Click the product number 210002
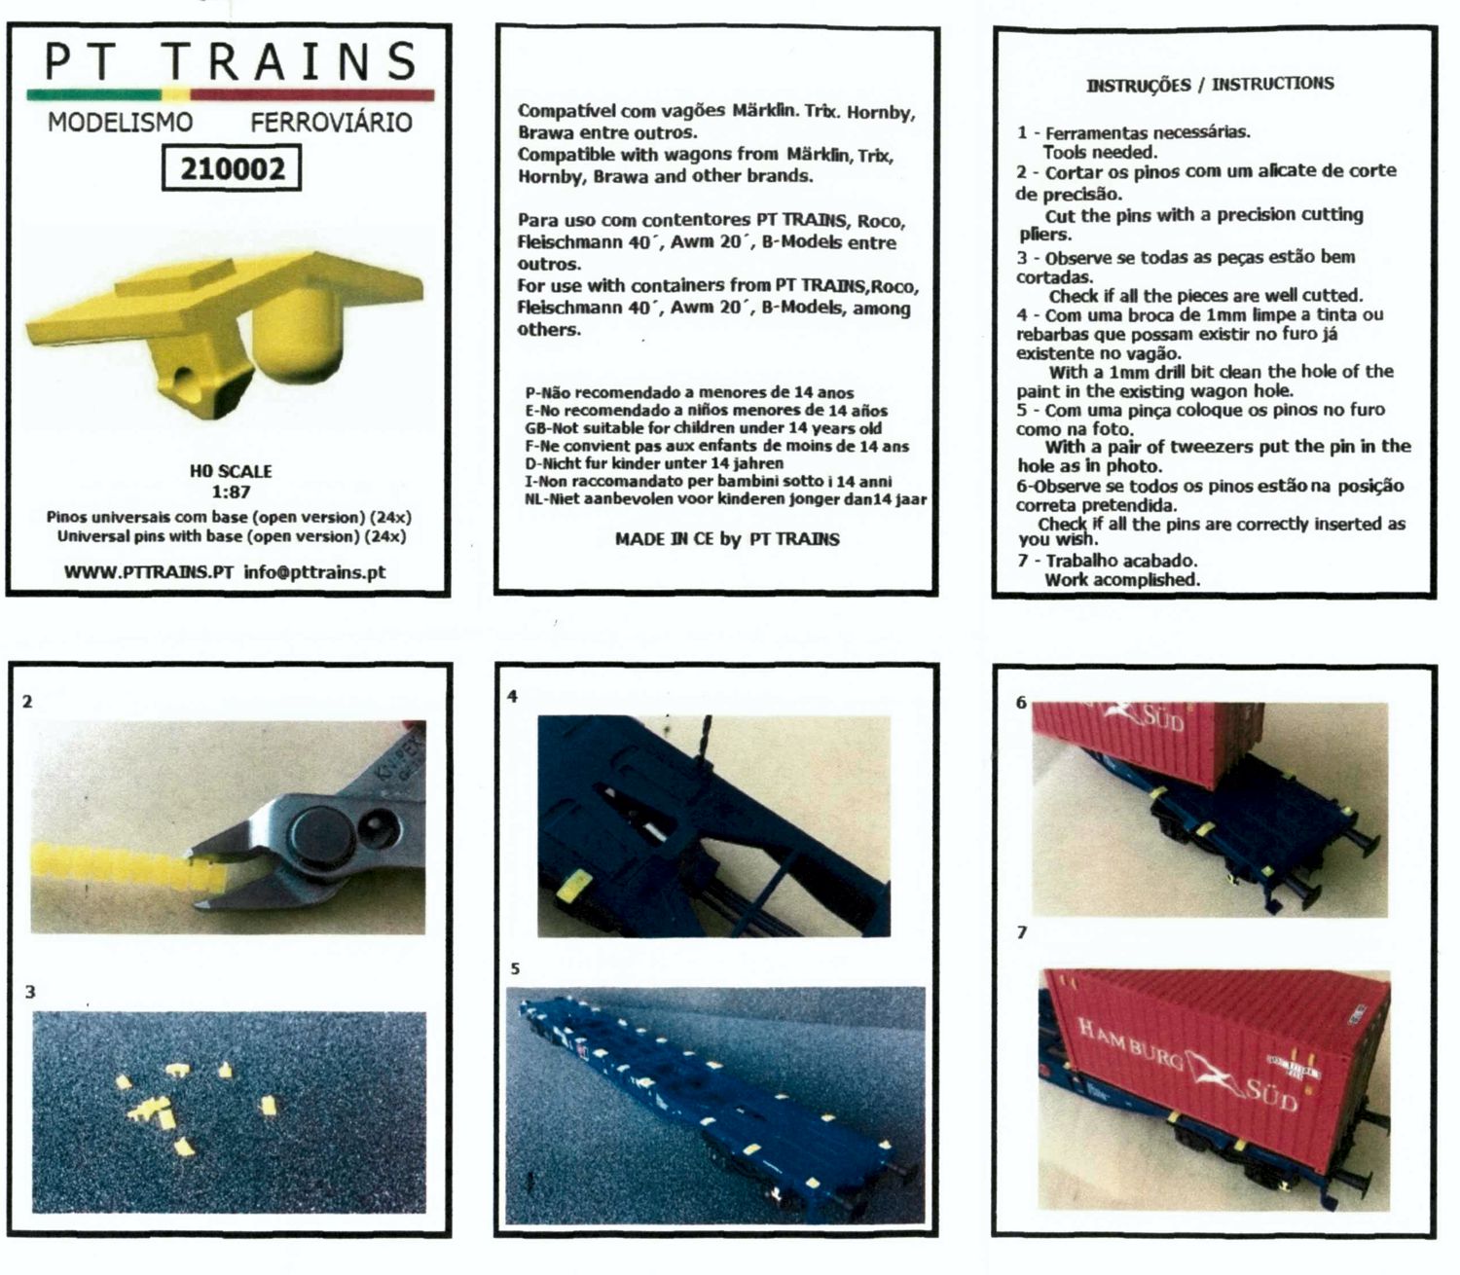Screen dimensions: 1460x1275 point(232,168)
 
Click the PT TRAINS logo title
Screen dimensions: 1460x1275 point(230,61)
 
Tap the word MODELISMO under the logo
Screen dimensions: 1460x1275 point(120,122)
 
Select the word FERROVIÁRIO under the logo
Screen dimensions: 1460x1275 point(331,122)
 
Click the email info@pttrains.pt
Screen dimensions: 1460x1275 point(314,572)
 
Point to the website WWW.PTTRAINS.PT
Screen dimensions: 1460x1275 point(148,572)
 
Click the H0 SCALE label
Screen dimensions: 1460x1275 point(231,471)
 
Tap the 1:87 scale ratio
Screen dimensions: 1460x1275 point(231,492)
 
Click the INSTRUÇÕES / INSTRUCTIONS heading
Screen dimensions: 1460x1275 point(1210,85)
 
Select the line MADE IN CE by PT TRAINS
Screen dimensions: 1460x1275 point(727,538)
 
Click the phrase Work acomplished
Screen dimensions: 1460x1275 point(1121,579)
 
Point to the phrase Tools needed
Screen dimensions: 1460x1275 point(1099,152)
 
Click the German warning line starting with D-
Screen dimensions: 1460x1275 point(654,463)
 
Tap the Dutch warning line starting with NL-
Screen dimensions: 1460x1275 point(726,498)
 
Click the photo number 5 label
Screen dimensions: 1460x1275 point(515,969)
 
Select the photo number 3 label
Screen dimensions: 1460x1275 point(30,992)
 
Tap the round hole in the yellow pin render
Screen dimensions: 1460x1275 point(186,376)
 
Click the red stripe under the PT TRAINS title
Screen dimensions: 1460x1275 point(311,94)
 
